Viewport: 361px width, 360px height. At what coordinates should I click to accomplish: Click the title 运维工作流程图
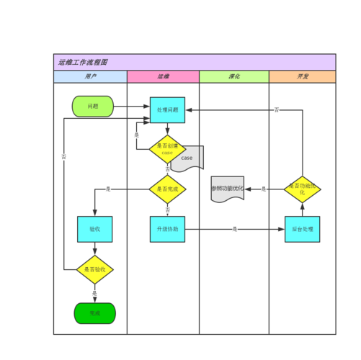[x=83, y=63]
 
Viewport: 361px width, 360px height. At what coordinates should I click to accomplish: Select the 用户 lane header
[x=90, y=76]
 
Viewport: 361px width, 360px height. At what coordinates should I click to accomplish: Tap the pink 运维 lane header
[x=163, y=76]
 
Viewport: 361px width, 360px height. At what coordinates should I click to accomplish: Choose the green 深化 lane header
[x=233, y=76]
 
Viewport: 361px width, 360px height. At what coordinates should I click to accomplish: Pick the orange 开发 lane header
[x=302, y=76]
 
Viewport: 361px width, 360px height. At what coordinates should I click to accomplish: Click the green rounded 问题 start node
[x=93, y=107]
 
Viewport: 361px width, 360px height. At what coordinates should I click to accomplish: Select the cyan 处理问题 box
[x=167, y=110]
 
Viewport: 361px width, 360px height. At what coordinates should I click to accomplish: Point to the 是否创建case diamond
[x=167, y=149]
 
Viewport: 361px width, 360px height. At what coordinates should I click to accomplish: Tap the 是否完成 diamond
[x=167, y=189]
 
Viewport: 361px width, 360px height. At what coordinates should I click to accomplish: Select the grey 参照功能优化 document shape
[x=227, y=189]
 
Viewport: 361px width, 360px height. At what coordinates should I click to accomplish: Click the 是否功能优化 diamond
[x=302, y=189]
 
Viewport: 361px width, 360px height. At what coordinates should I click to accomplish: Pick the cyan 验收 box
[x=94, y=229]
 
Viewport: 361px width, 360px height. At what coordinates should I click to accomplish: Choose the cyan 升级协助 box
[x=167, y=229]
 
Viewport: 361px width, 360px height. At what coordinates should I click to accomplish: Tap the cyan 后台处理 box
[x=302, y=229]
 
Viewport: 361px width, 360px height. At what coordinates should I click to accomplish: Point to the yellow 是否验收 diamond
[x=94, y=269]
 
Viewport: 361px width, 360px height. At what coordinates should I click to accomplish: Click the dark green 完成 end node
[x=94, y=313]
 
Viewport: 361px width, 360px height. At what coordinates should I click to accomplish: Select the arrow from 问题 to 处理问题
[x=131, y=107]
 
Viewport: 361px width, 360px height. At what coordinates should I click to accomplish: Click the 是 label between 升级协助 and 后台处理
[x=234, y=229]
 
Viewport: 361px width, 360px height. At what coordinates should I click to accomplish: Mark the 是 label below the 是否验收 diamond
[x=94, y=292]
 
